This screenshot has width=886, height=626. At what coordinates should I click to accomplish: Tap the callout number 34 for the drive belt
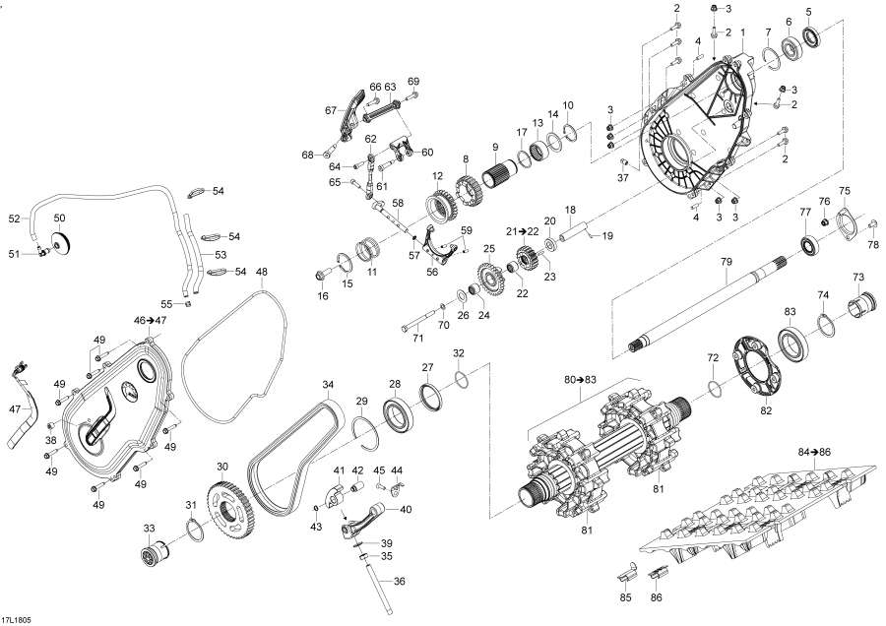click(329, 383)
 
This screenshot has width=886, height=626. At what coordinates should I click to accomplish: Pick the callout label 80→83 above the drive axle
click(582, 379)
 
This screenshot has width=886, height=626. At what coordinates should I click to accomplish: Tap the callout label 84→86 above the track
click(814, 451)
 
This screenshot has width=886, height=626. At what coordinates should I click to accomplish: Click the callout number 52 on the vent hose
click(14, 219)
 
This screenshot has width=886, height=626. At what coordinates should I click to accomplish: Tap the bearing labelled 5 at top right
click(812, 38)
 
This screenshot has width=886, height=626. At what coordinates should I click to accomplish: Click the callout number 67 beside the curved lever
click(332, 111)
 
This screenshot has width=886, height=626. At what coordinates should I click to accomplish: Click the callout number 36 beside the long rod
click(400, 581)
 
